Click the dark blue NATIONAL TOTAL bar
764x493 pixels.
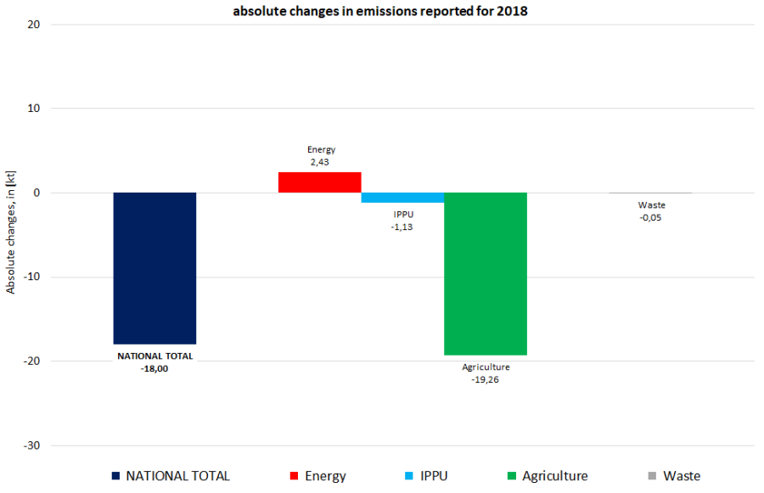click(x=154, y=268)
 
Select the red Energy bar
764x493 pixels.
click(x=320, y=182)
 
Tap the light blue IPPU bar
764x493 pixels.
click(x=402, y=198)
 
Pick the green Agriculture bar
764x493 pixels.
click(x=486, y=273)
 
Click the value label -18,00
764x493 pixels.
click(x=154, y=369)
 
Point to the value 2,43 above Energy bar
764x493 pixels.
click(x=321, y=161)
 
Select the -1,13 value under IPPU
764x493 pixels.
click(x=403, y=227)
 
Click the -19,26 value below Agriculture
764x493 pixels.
click(x=486, y=379)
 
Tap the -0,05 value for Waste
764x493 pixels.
click(x=652, y=217)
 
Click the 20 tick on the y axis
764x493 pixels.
click(x=34, y=24)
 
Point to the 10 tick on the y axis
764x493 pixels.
click(x=34, y=109)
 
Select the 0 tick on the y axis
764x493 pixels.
click(x=37, y=193)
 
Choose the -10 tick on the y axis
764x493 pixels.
click(x=32, y=277)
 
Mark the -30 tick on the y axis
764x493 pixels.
click(x=32, y=445)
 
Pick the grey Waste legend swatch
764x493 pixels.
click(x=651, y=476)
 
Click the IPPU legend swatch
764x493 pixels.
click(x=408, y=476)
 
